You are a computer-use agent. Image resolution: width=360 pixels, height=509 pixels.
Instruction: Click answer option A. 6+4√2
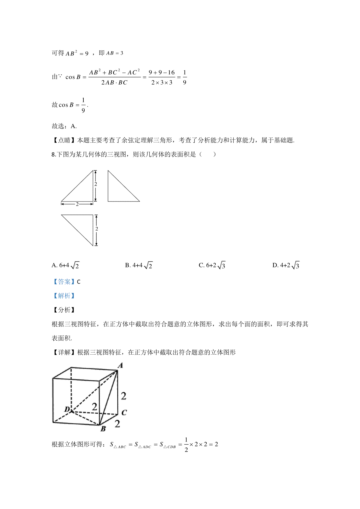tap(65, 265)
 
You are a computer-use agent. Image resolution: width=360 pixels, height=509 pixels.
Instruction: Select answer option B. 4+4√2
tap(139, 265)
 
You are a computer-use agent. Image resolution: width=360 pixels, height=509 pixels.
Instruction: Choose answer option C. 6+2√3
tap(212, 265)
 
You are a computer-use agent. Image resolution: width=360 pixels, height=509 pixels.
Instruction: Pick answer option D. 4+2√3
tap(286, 265)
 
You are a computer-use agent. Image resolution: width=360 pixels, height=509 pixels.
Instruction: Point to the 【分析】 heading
tap(64, 310)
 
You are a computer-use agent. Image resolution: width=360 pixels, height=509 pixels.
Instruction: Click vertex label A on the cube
tap(120, 365)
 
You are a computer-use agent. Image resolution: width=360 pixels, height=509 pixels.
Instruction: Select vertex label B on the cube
tap(103, 429)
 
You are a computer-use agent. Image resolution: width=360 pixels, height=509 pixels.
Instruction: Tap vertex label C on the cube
tap(124, 412)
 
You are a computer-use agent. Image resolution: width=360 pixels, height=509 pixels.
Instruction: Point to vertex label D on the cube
tap(67, 409)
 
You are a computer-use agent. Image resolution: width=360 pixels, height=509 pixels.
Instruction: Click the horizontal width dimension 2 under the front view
tap(77, 204)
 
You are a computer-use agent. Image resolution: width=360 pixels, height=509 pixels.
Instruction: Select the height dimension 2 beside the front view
tap(96, 184)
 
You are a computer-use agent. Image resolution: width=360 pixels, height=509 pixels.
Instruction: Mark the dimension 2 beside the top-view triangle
tap(97, 229)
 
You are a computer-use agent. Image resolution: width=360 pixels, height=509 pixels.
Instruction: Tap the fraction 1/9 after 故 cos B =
tap(83, 105)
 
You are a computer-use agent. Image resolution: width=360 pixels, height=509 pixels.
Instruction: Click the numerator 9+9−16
tap(162, 73)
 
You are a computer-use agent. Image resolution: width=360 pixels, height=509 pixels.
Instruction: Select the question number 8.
tap(54, 155)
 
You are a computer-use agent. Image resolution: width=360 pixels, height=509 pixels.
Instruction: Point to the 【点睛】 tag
tap(64, 140)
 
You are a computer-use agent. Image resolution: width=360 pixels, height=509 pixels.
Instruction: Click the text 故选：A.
tap(64, 126)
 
